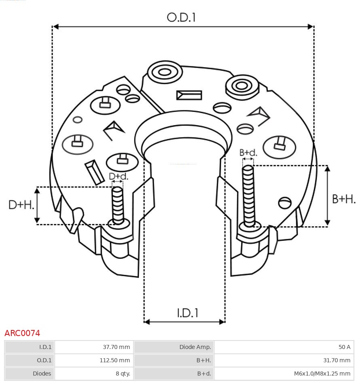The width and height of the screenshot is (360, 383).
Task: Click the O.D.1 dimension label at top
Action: pyautogui.click(x=181, y=17)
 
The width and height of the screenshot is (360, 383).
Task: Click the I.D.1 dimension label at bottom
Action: pyautogui.click(x=188, y=313)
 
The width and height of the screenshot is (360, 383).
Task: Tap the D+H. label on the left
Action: pyautogui.click(x=21, y=205)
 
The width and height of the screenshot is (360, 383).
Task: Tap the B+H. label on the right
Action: pyautogui.click(x=344, y=199)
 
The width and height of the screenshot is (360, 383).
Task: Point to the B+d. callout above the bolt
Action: pyautogui.click(x=248, y=153)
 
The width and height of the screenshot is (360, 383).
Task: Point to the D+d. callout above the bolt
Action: pyautogui.click(x=119, y=177)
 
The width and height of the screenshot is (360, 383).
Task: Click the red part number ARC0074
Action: pyautogui.click(x=22, y=333)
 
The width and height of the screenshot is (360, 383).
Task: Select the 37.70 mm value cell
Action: pyautogui.click(x=94, y=347)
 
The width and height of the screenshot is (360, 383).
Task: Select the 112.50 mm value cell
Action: pyautogui.click(x=94, y=360)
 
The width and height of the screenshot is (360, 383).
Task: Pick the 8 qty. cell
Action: pyautogui.click(x=94, y=373)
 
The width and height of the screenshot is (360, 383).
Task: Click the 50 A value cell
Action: pyautogui.click(x=283, y=347)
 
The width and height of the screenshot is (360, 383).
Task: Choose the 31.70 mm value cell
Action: pyautogui.click(x=283, y=360)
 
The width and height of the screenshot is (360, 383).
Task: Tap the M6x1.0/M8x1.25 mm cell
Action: pyautogui.click(x=283, y=373)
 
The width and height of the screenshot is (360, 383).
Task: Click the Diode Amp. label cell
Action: pyautogui.click(x=174, y=347)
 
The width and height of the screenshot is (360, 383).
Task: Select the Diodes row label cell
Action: pyautogui.click(x=30, y=373)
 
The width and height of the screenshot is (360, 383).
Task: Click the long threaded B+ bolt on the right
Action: pyautogui.click(x=249, y=194)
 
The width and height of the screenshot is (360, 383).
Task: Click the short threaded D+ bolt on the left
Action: pyautogui.click(x=118, y=204)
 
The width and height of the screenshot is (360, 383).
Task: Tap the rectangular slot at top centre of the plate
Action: pyautogui.click(x=189, y=95)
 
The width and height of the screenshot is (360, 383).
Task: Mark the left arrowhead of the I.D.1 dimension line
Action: pyautogui.click(x=147, y=322)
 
